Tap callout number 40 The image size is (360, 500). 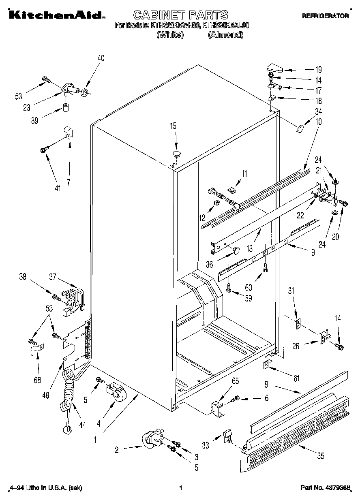click(101, 58)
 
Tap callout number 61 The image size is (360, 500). click(296, 378)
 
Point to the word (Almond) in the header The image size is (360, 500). click(225, 35)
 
